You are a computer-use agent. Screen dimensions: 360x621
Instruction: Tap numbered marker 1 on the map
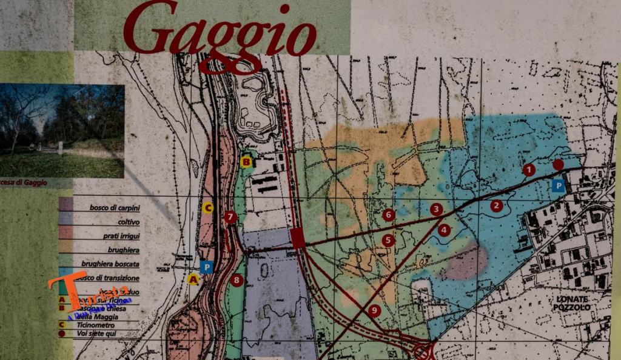click(x=529, y=170)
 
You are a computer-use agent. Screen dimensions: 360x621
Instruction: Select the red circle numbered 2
click(x=497, y=205)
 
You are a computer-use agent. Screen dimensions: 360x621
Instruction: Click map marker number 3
click(x=436, y=210)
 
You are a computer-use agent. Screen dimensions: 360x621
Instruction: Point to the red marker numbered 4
click(x=445, y=230)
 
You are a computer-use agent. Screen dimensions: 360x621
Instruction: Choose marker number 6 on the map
click(x=389, y=215)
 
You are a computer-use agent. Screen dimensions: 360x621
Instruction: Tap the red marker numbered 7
click(x=230, y=217)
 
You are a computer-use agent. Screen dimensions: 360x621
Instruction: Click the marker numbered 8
click(x=237, y=281)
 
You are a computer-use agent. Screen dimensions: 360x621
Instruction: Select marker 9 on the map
click(x=374, y=311)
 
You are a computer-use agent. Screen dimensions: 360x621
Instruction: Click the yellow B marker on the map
click(x=246, y=161)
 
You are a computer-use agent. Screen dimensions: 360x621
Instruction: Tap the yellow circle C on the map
click(x=208, y=208)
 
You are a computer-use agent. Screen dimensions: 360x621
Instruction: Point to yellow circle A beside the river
click(x=193, y=279)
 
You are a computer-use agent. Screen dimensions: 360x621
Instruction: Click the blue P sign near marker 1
click(x=559, y=186)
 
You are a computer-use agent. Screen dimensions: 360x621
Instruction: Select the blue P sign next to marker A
click(x=207, y=267)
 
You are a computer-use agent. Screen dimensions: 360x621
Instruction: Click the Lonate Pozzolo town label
click(x=571, y=303)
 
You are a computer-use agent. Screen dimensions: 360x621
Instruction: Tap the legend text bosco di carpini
click(x=115, y=207)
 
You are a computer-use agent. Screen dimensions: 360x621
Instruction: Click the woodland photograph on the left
click(x=62, y=130)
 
